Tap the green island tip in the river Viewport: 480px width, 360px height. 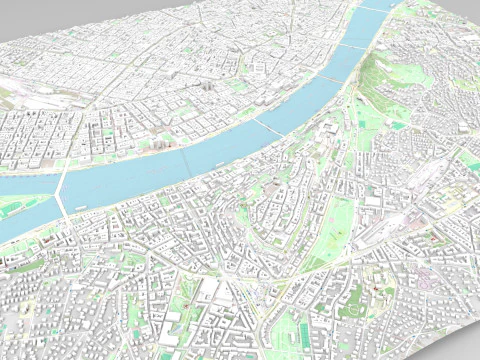pos(20,205)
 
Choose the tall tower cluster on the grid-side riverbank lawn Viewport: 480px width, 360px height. pos(160,140)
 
